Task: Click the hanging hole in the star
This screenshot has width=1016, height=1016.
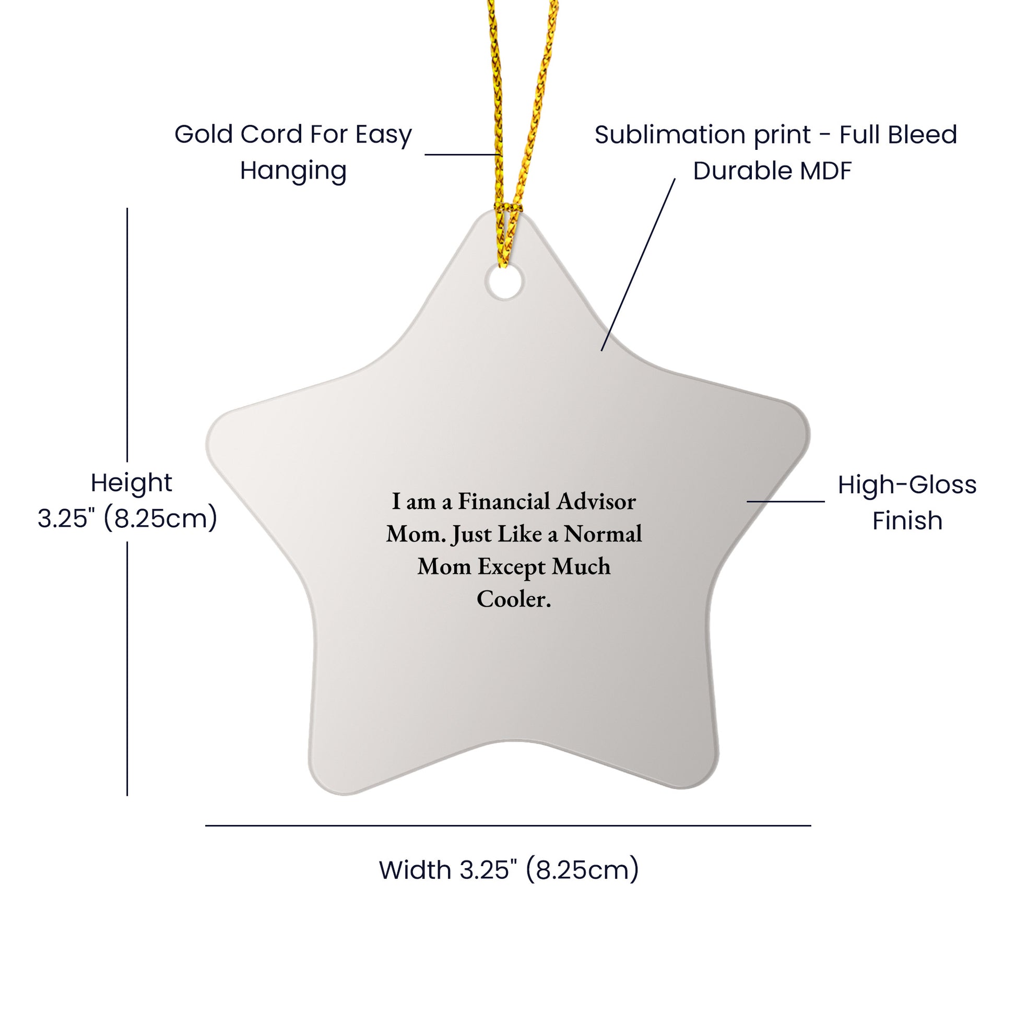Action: pos(504,281)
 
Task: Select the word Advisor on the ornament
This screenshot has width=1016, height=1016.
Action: pos(596,501)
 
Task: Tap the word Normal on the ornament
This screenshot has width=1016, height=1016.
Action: pos(603,534)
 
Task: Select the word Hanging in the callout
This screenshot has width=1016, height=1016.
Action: pos(293,171)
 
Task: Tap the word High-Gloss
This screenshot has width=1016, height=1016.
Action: pos(907,485)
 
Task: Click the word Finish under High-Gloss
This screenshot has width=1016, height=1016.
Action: pos(907,521)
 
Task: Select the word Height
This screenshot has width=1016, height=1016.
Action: pos(132,483)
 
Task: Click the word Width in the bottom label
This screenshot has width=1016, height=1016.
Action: pos(416,870)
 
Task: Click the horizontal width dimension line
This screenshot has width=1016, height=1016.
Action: pos(508,825)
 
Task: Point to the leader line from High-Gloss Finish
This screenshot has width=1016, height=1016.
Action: pos(786,501)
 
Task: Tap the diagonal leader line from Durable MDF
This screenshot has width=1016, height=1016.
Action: pos(638,265)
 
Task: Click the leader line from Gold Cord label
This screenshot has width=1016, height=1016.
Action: pos(463,155)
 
